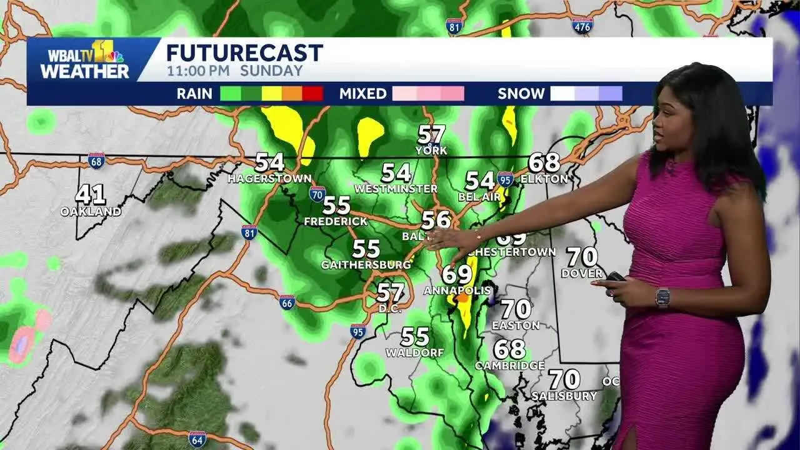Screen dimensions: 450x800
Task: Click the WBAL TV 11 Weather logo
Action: coord(84,60)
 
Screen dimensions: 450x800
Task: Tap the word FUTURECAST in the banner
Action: coord(244,52)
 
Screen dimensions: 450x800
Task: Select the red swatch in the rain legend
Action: coord(312,94)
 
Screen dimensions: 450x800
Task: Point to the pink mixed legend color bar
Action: coord(428,94)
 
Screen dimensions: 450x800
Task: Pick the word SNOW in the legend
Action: coord(521,94)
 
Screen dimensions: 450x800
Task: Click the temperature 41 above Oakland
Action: coord(91,194)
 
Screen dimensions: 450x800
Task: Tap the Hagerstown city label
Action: coord(269,179)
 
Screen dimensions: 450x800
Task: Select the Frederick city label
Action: coord(336,221)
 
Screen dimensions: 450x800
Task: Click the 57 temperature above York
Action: coord(432,134)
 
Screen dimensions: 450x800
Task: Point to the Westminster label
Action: coord(396,188)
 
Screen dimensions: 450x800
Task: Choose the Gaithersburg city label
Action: coord(366,264)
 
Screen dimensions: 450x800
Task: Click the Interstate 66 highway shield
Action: coord(287,302)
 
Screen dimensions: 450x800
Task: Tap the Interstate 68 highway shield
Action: coord(96,161)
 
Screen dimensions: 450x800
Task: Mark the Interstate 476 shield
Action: coord(582,25)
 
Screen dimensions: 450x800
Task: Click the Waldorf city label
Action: coord(414,352)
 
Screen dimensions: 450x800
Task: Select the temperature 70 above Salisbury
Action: coord(564,379)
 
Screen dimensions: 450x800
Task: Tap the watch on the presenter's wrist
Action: coord(662,297)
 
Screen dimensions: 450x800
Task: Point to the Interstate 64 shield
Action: coord(197,439)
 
